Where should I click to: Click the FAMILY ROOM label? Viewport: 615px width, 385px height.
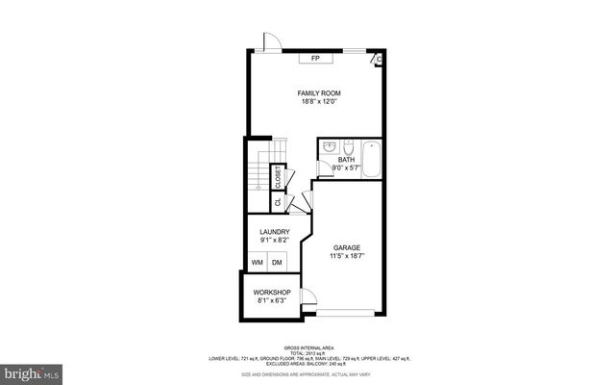pos(318,93)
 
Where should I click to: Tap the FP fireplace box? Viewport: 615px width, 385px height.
pos(315,59)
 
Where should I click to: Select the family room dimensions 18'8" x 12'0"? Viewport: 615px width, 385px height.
pos(318,102)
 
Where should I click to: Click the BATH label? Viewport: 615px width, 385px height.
pos(346,160)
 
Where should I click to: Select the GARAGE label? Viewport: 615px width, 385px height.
pos(347,247)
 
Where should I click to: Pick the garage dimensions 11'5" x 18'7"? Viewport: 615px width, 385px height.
pos(347,256)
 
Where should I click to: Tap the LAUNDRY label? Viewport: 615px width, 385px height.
pos(276,231)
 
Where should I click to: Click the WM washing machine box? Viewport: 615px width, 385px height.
pos(258,262)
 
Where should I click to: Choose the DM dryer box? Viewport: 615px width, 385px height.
pos(277,262)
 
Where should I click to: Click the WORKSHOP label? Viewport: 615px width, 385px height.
pos(272,292)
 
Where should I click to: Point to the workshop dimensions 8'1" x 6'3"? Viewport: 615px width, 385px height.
pos(272,301)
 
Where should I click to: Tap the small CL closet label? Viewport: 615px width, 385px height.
pos(278,202)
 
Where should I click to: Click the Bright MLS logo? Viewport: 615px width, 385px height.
pos(33,372)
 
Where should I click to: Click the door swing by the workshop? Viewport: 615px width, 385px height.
pos(308,296)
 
